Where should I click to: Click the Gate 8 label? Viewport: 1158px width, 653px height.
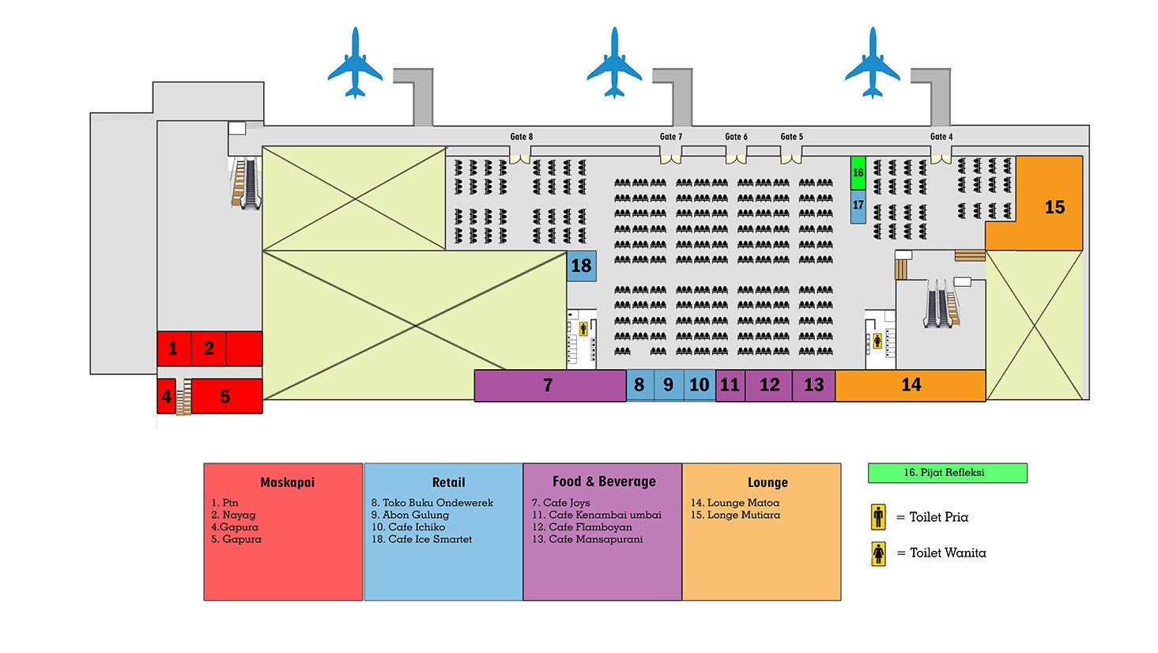tap(521, 137)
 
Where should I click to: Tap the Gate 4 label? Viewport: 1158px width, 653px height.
tap(941, 137)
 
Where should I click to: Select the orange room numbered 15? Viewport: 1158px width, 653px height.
tap(1053, 207)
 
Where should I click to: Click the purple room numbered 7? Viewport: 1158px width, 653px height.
tap(549, 386)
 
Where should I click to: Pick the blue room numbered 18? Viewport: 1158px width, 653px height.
tap(581, 266)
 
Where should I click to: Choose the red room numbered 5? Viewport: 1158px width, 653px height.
tap(225, 396)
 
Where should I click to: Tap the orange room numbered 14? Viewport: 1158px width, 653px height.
tap(911, 385)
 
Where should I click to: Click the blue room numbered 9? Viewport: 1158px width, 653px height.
tap(669, 385)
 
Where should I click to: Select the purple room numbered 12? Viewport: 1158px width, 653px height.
tap(769, 385)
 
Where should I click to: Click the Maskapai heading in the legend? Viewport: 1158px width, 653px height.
tap(287, 482)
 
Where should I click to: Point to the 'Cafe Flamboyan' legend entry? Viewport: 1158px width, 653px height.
tap(582, 527)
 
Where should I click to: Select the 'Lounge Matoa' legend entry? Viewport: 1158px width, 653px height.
tap(734, 503)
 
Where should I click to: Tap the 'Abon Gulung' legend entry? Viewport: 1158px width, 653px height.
tap(409, 515)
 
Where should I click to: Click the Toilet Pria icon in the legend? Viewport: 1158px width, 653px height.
tap(878, 517)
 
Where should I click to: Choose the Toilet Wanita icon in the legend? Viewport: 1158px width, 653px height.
tap(878, 553)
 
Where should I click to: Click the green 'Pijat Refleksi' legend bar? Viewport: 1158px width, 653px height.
tap(947, 473)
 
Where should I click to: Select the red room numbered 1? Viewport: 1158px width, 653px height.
tap(173, 349)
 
